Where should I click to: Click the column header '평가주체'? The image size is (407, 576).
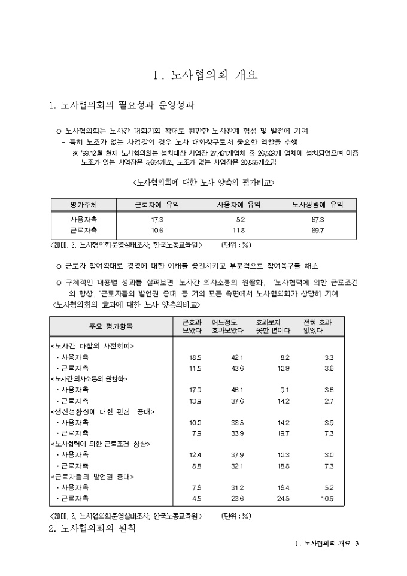(84, 205)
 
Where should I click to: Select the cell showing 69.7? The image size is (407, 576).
(318, 230)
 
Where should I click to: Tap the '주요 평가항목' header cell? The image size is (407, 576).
(111, 326)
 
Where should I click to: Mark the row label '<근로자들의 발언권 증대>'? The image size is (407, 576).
(92, 477)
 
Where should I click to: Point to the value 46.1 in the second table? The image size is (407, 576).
(238, 390)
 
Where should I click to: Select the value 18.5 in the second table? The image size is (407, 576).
(195, 357)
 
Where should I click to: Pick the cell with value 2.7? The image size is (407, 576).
(329, 401)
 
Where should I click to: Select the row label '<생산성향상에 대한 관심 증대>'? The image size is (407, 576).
(102, 411)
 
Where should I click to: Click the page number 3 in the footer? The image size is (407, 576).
(356, 544)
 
